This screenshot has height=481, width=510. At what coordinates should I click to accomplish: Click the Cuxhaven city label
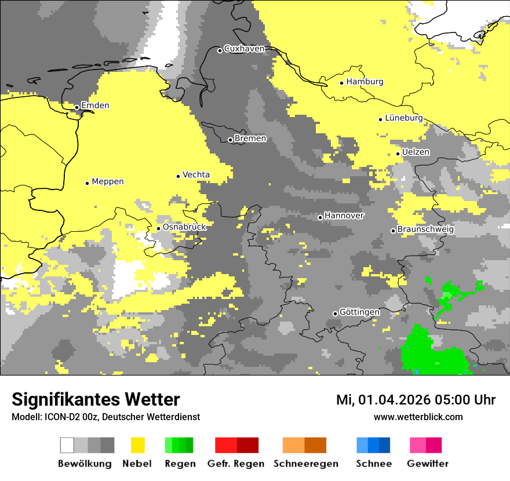(244, 49)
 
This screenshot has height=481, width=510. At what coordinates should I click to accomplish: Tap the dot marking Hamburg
(342, 83)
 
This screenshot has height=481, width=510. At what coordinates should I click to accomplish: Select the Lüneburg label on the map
(403, 118)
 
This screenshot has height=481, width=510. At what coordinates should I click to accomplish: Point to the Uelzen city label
(416, 152)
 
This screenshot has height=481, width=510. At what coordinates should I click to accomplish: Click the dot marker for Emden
(76, 107)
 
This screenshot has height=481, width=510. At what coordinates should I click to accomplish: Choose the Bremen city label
(250, 139)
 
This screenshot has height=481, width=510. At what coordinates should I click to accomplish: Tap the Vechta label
(196, 175)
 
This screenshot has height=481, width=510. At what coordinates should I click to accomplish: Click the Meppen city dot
(87, 183)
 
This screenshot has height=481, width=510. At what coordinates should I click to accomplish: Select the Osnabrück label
(184, 227)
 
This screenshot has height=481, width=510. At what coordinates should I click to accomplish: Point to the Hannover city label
(344, 216)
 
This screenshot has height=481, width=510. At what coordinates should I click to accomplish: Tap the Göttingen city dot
(335, 314)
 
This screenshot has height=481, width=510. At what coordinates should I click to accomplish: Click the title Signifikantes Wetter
(96, 400)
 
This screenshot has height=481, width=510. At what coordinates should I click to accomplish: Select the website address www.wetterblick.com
(418, 417)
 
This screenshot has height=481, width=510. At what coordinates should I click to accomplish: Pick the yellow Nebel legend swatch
(137, 445)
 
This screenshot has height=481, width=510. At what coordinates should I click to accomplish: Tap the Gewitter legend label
(427, 464)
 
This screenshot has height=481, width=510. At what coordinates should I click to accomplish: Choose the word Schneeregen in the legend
(305, 464)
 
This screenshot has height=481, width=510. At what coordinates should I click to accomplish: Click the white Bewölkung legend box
(67, 445)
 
